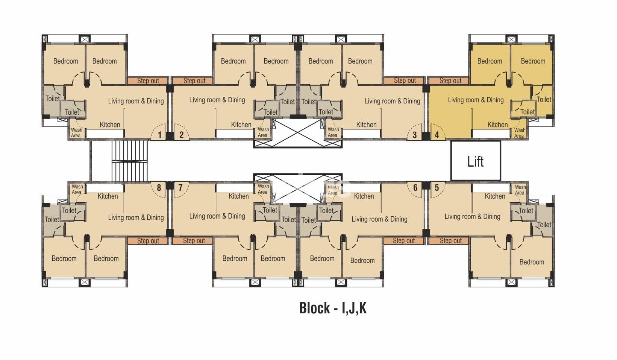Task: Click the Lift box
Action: point(475,161)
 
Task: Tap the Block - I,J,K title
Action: point(333,308)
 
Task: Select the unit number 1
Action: point(159,135)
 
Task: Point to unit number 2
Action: point(181,135)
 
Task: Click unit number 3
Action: point(415,135)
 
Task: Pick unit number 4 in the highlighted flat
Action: point(437,135)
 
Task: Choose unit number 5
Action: point(437,188)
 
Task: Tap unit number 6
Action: point(415,188)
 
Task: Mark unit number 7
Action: point(180,188)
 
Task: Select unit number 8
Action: point(159,188)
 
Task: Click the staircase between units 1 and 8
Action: point(129,161)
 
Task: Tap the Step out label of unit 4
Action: point(450,81)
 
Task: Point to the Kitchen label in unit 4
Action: point(497,125)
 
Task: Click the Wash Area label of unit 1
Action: point(76,132)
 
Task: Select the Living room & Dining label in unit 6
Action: point(380,219)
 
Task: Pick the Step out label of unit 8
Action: point(148,241)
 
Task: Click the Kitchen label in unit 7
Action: point(239,196)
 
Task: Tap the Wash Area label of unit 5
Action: point(520,190)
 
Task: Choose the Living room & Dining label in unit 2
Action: point(217,100)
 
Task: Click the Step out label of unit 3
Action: point(405,81)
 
